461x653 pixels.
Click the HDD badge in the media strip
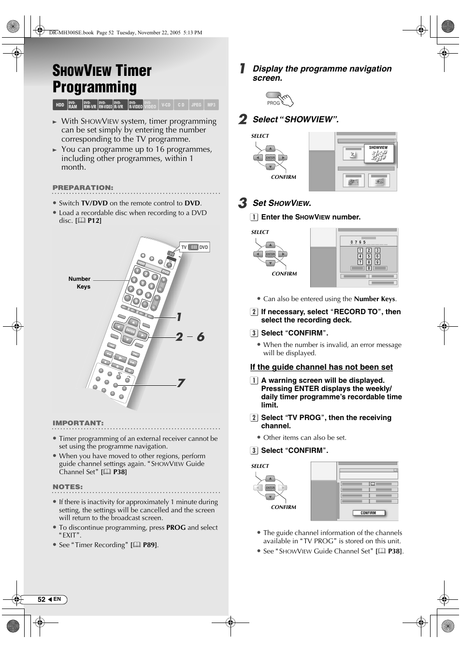59,105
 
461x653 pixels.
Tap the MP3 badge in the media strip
211,105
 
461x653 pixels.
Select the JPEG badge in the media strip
196,105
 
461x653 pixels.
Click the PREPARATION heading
83,188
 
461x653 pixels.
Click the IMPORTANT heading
78,423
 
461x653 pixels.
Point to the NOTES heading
68,487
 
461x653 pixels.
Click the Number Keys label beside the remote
80,283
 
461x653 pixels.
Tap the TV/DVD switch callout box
194,247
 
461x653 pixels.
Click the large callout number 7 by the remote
180,383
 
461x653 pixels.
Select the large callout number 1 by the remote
179,317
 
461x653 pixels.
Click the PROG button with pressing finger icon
279,99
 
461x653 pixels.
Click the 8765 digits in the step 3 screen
358,242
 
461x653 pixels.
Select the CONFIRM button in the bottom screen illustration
368,513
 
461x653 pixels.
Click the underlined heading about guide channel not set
321,367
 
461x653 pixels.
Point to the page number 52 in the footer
42,599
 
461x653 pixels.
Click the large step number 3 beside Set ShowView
243,203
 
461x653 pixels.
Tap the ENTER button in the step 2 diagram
270,158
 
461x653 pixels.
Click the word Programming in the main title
95,87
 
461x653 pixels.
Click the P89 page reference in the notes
149,545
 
